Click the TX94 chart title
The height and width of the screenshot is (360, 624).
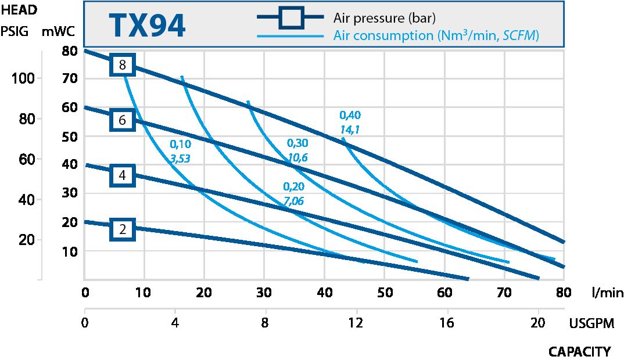(147, 26)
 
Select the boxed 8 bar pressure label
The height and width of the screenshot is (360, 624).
(122, 65)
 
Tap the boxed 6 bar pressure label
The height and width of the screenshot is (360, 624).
(122, 120)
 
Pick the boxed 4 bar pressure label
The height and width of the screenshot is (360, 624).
(122, 175)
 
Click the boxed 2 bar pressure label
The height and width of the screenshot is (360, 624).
(122, 230)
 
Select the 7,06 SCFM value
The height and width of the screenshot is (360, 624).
(293, 200)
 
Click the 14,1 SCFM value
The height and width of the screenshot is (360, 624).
(350, 129)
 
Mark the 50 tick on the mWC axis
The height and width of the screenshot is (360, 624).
(70, 136)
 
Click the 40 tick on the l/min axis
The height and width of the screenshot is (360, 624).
(325, 293)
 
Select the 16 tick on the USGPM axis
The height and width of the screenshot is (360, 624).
(446, 323)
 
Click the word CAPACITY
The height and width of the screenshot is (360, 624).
(579, 352)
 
